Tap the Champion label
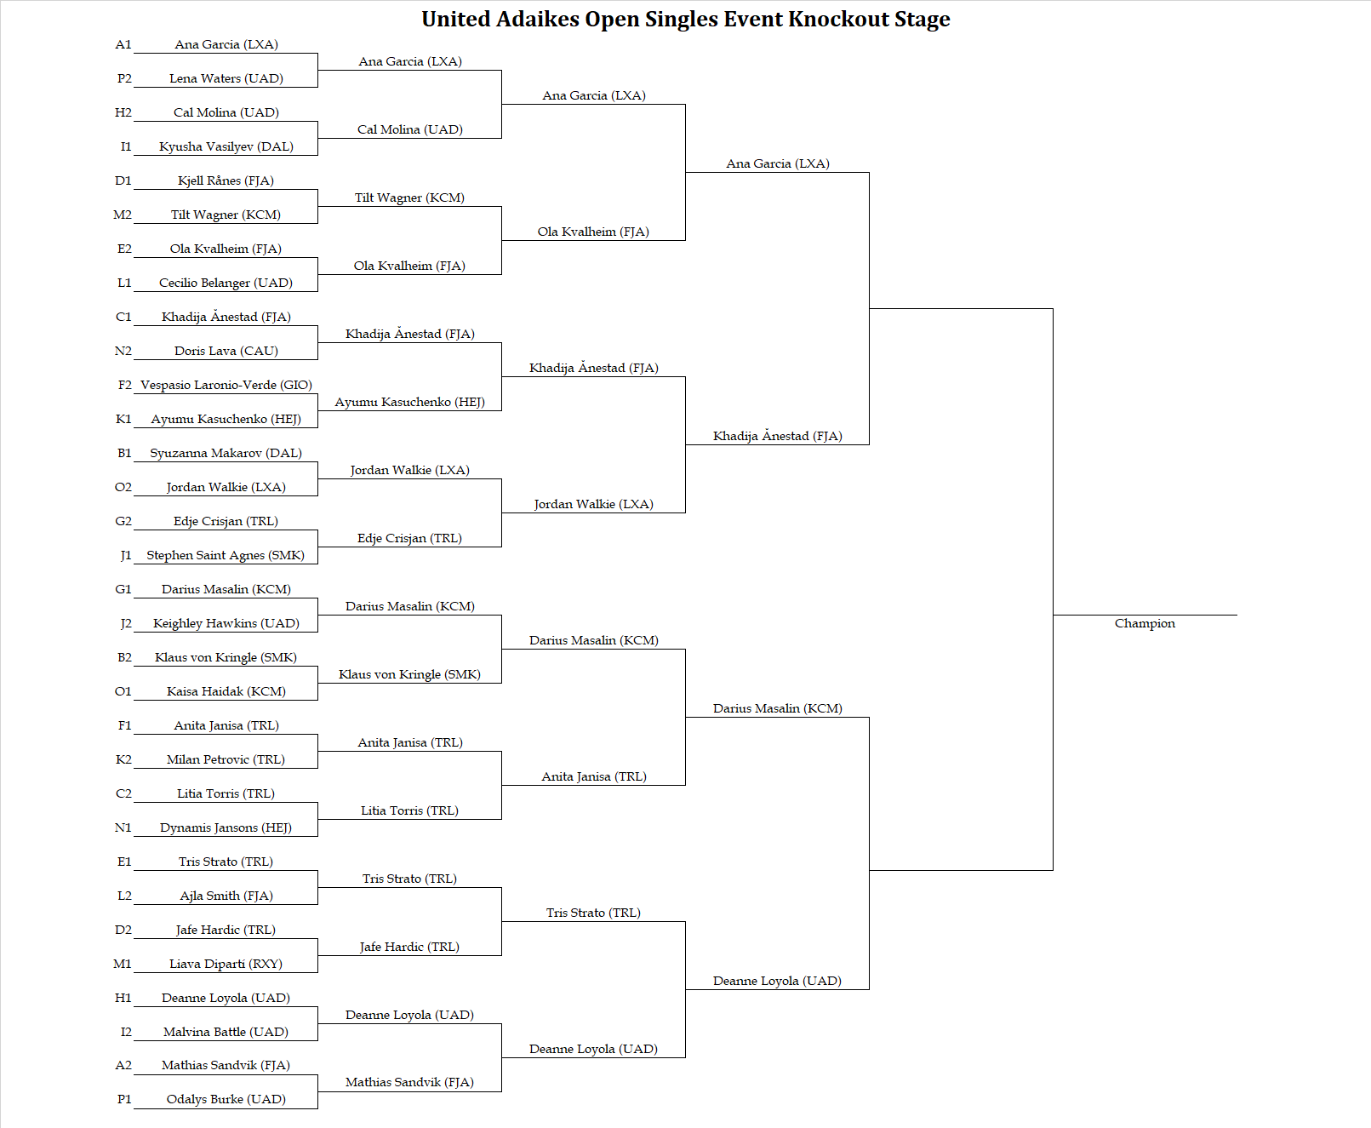tap(1145, 623)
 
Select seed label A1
tap(123, 45)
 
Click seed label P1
tap(124, 1099)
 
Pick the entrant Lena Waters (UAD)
tap(226, 78)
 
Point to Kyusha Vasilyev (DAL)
tap(226, 147)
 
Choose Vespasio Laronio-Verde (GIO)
tap(226, 385)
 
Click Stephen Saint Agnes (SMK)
tap(226, 555)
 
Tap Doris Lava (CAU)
tap(226, 351)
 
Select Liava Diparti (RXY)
tap(226, 965)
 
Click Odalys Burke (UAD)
tap(226, 1099)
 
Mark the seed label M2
tap(123, 215)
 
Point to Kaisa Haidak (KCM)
tap(226, 692)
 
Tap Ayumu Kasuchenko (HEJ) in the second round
tap(409, 403)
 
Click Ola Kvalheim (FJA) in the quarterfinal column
tap(593, 232)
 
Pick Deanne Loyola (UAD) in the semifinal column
tap(777, 981)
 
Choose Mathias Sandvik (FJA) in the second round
tap(409, 1083)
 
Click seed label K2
tap(123, 760)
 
